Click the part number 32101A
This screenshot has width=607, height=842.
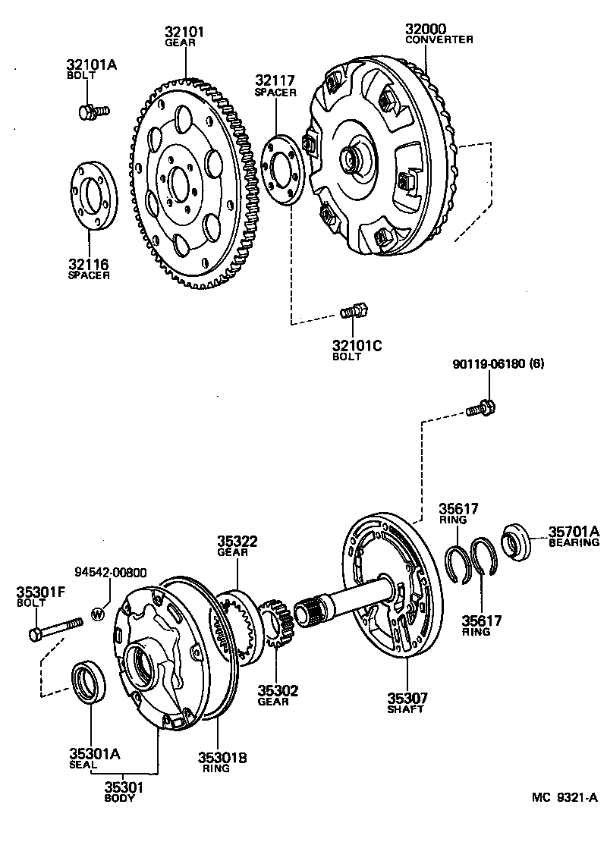click(90, 65)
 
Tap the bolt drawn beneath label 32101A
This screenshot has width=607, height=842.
click(93, 112)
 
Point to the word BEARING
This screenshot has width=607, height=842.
click(574, 542)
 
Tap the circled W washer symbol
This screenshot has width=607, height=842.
click(98, 614)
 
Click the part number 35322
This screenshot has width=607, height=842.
click(237, 542)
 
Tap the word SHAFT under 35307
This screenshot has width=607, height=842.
click(405, 709)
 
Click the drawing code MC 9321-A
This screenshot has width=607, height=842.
click(565, 797)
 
